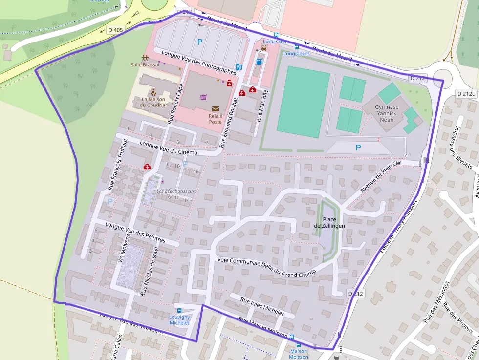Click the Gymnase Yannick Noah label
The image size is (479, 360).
386,113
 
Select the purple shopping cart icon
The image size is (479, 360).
203,97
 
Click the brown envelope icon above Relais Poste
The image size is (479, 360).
216,109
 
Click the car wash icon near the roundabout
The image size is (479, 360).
257,47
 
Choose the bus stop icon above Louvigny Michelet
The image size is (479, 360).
179,311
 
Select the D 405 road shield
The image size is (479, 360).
116,30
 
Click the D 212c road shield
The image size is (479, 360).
466,93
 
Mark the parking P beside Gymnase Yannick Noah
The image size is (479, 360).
358,147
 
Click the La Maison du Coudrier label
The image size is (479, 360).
153,102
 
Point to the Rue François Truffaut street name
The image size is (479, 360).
117,164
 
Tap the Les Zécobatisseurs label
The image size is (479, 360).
176,191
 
